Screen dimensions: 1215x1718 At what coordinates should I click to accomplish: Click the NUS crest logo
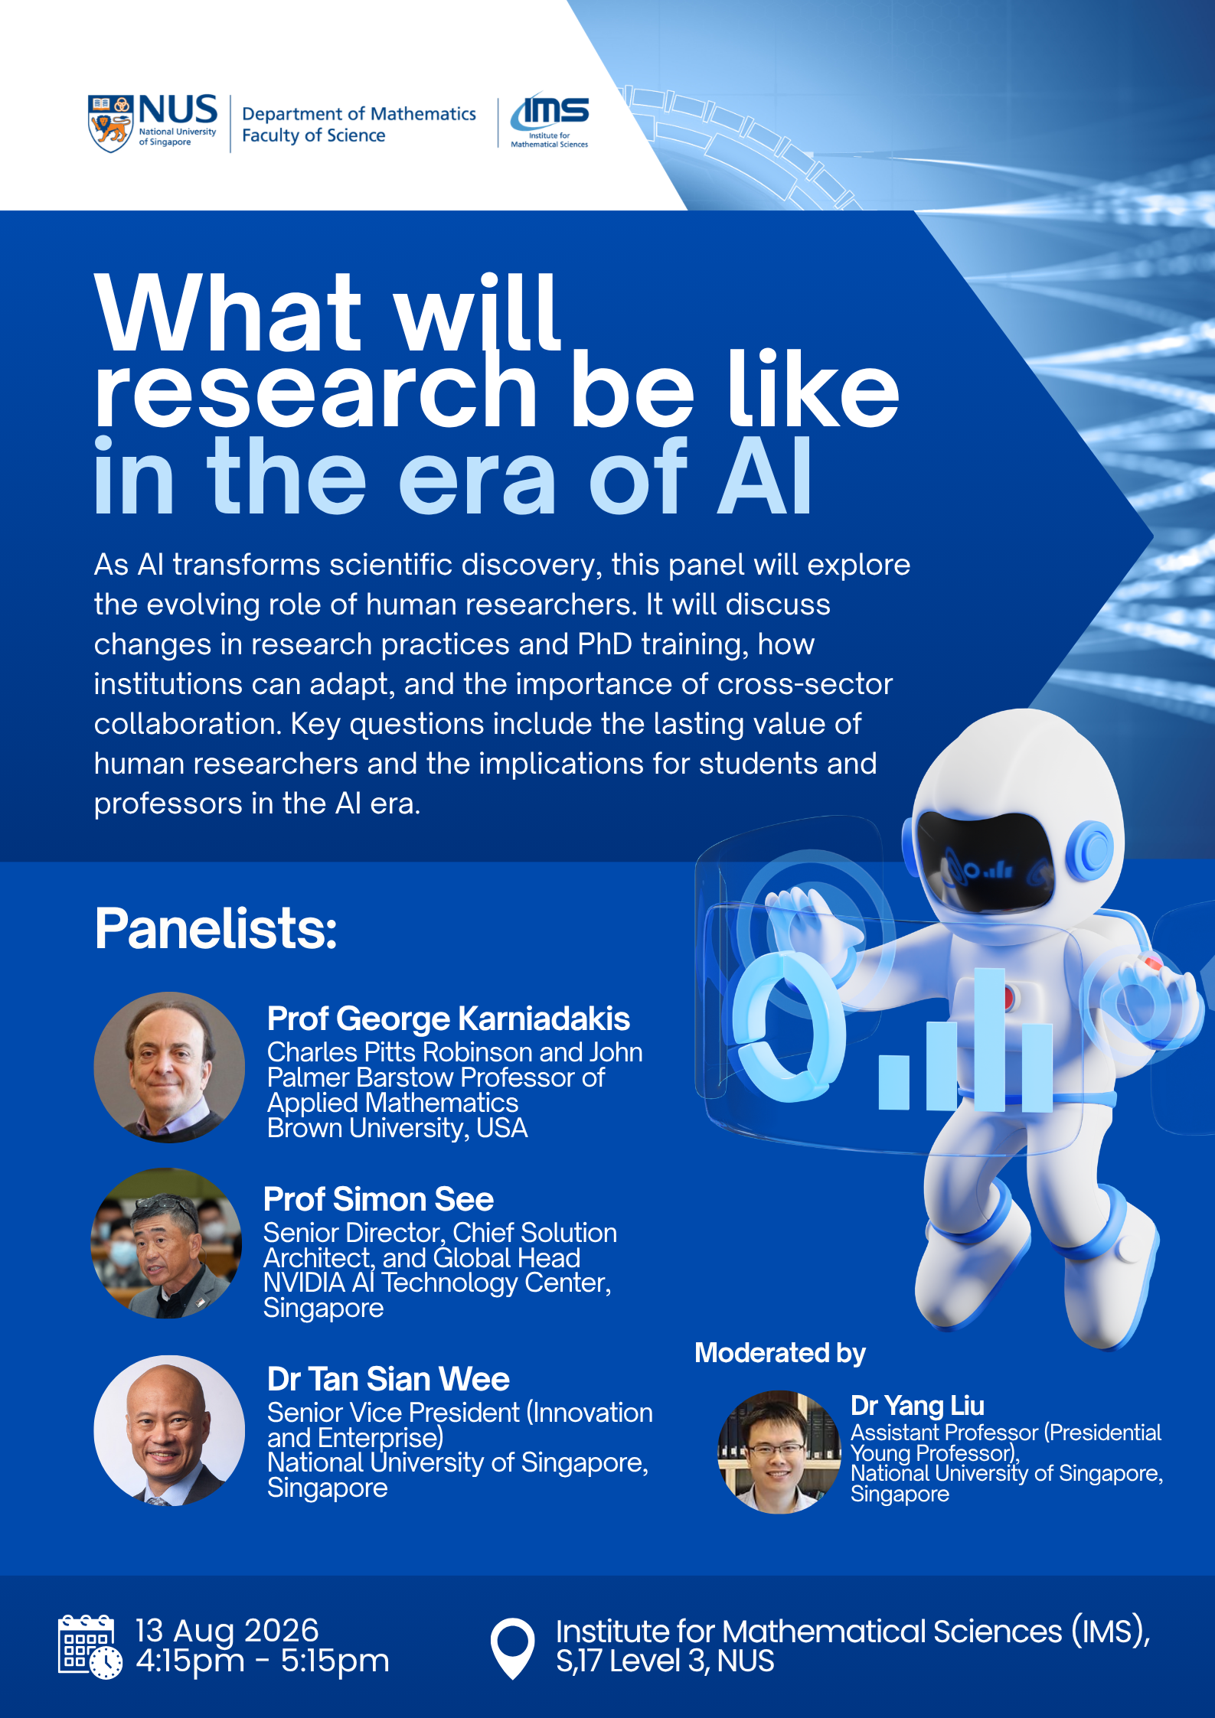111,123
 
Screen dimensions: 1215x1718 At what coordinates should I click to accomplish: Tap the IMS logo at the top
550,121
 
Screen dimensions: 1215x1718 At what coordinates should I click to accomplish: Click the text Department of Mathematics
359,113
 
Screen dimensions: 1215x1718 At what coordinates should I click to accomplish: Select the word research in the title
316,391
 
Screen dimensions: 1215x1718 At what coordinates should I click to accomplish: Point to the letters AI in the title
763,476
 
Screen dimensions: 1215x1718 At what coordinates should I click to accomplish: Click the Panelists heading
216,928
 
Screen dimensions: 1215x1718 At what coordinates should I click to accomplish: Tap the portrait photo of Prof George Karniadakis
169,1067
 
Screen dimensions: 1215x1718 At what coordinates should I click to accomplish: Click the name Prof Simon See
378,1199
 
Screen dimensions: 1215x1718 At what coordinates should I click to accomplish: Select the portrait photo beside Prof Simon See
167,1243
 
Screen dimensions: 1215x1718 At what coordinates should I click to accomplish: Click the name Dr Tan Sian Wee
388,1379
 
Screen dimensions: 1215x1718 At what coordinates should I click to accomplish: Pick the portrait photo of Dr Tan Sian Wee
169,1430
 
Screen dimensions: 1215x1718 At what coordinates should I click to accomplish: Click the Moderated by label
780,1353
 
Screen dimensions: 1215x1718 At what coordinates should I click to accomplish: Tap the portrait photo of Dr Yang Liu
779,1452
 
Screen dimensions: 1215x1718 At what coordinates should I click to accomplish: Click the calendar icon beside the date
90,1647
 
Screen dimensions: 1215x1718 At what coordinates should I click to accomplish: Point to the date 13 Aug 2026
227,1630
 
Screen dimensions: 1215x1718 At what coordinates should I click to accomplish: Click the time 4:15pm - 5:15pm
263,1661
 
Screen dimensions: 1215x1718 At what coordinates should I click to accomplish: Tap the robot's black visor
986,862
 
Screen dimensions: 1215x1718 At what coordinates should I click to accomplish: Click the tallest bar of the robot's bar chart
989,1039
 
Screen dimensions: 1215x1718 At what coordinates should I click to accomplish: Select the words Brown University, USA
397,1128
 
